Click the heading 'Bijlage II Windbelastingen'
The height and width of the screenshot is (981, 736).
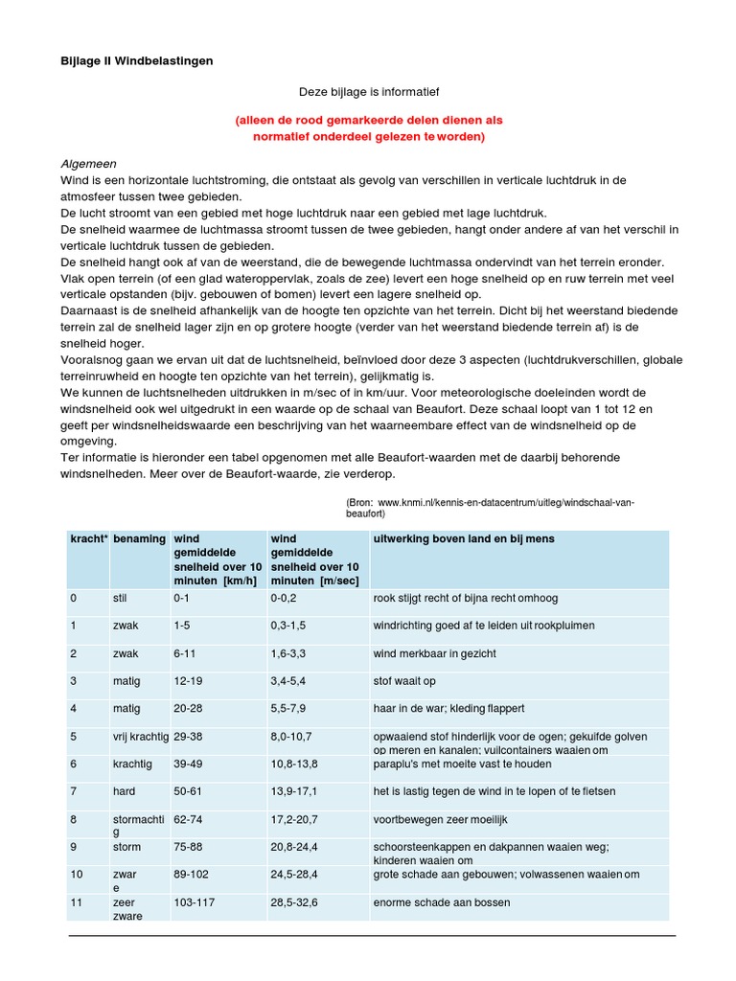(137, 60)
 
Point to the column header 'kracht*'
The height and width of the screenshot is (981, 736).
(87, 539)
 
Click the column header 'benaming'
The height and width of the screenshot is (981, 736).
(139, 539)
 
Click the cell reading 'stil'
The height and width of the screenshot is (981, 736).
(122, 598)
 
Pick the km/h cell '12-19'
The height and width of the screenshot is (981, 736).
(189, 681)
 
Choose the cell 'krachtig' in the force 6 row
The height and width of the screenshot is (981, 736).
(132, 764)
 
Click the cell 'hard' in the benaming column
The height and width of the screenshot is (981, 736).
(124, 791)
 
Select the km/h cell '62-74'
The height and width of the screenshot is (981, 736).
(189, 820)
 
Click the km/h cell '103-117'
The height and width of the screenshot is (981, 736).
(195, 902)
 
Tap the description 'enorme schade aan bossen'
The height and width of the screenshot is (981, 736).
(441, 902)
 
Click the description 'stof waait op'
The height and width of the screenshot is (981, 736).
(404, 681)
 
